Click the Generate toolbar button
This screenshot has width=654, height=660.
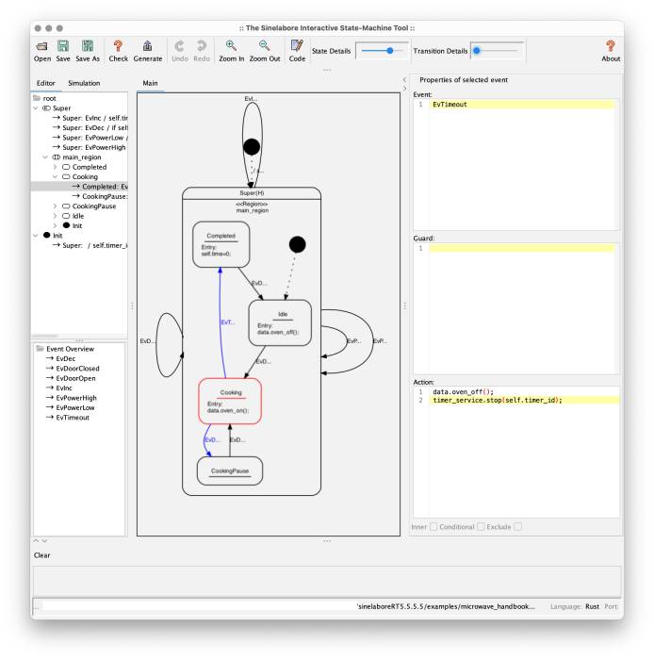(x=147, y=50)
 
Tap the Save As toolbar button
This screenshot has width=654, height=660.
(x=88, y=50)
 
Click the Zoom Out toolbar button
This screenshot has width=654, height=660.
(x=264, y=50)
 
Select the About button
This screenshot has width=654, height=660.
(x=611, y=50)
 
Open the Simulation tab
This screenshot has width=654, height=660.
(x=84, y=83)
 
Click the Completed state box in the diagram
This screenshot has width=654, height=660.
(x=221, y=244)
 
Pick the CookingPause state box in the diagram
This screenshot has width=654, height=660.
(x=230, y=470)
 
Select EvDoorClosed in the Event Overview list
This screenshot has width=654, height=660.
(x=77, y=369)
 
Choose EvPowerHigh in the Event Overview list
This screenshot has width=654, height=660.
(x=76, y=398)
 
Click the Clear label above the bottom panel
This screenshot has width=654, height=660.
(x=42, y=555)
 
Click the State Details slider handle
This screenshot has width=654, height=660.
(x=389, y=50)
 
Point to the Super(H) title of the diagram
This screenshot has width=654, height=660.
(x=252, y=193)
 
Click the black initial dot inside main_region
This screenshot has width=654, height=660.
(x=297, y=245)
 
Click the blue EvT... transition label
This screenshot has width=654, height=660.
(x=226, y=322)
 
